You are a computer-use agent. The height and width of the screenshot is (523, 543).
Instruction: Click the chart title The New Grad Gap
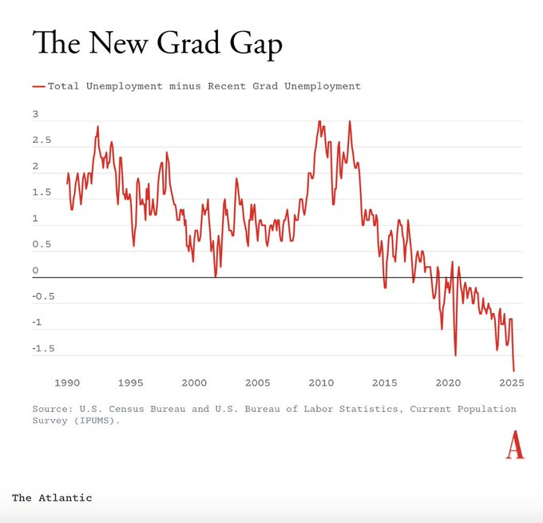coord(157,43)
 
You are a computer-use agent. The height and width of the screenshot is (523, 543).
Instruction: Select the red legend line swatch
coord(38,85)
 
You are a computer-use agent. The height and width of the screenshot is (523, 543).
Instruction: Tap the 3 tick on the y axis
coord(35,114)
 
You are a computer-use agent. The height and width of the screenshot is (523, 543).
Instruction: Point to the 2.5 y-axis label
coord(40,141)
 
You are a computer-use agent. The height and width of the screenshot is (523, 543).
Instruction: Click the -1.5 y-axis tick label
coord(42,349)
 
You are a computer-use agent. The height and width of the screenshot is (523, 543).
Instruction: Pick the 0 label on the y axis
coord(35,271)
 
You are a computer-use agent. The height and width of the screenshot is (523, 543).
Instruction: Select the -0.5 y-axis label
coord(42,297)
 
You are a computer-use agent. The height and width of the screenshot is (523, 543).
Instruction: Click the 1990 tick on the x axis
coord(67,382)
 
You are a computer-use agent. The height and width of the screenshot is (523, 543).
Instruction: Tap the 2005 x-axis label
coord(257,382)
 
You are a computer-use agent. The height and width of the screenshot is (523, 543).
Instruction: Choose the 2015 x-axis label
coord(384,382)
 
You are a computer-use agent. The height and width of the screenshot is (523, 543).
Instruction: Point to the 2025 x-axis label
coord(511,382)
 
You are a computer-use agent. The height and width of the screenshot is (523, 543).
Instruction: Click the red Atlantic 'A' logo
coord(515,446)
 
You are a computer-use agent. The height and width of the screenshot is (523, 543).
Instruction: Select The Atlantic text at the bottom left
coord(52,497)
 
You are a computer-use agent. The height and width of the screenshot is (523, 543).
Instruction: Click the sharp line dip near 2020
coord(455,355)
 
